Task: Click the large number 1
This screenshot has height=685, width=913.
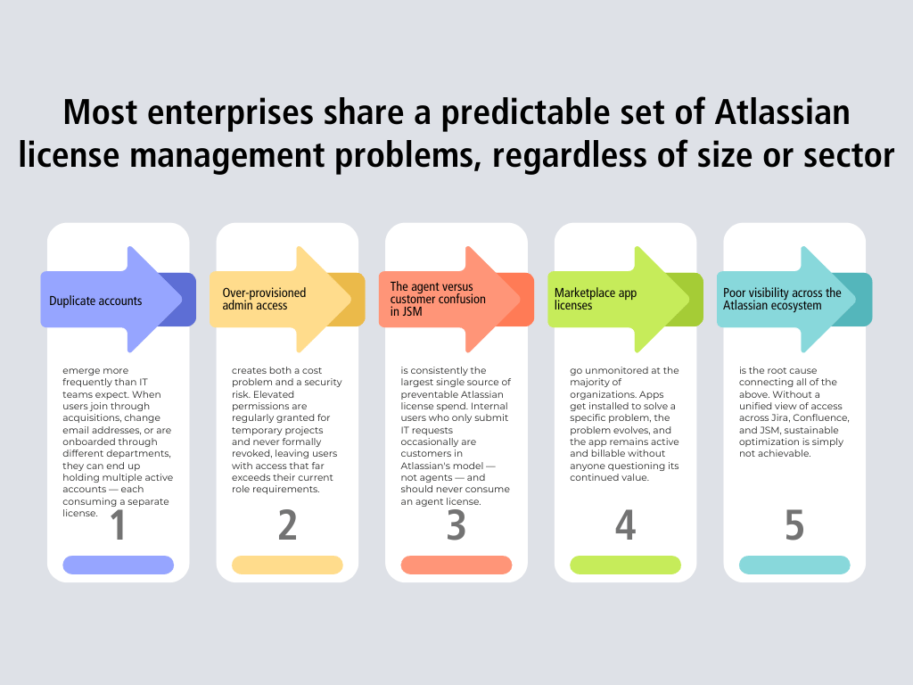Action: (x=118, y=525)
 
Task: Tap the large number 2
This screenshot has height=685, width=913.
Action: (x=287, y=525)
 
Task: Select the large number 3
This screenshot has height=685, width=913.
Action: (x=456, y=525)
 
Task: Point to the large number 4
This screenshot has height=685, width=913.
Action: (x=625, y=525)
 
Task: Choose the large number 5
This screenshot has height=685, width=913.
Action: (x=794, y=525)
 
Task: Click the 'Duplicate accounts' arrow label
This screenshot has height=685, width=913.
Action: (x=95, y=301)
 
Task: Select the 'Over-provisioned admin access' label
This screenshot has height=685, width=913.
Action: (x=264, y=299)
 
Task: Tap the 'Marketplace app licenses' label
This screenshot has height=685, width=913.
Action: (x=596, y=299)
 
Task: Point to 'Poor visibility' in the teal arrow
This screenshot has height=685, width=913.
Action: (x=753, y=293)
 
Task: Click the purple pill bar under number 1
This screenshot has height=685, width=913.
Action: (x=118, y=565)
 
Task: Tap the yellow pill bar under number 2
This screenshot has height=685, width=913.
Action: (x=287, y=565)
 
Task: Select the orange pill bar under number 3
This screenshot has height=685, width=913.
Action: (x=456, y=565)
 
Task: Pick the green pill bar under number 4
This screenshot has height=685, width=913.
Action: (x=625, y=565)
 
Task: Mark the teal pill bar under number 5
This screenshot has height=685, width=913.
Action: (x=794, y=565)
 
